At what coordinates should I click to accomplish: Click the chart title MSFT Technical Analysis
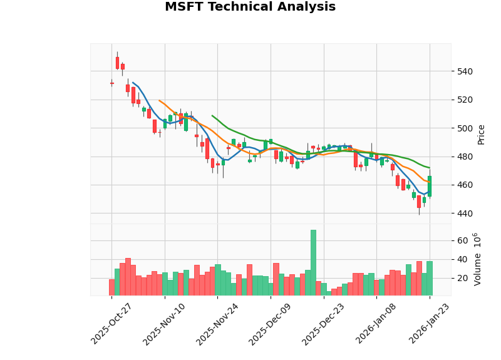tap(250, 7)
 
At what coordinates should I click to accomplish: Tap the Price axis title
tap(481, 134)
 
